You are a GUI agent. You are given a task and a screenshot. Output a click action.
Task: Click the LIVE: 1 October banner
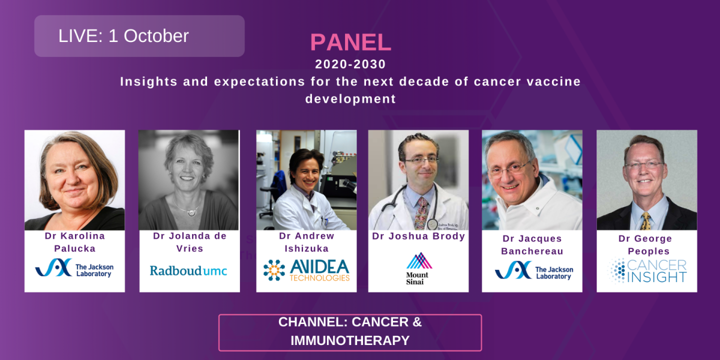point(139,36)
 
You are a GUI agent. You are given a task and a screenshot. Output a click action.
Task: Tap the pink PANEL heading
point(350,42)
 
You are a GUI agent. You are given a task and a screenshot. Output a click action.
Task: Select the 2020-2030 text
point(350,64)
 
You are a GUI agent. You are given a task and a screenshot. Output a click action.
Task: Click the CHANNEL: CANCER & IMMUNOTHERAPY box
point(350,332)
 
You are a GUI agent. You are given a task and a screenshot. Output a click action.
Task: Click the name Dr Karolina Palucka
point(74,242)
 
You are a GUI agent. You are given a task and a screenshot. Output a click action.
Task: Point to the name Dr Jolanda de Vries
point(189,242)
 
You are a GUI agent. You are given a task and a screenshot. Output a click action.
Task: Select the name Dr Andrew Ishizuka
point(306,242)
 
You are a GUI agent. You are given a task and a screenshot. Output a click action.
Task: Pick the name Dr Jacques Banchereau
point(532,245)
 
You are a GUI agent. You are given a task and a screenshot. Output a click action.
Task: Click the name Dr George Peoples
point(647,245)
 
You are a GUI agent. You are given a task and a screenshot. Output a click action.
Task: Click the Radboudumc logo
point(188,271)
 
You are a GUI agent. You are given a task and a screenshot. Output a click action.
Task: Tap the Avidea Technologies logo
point(306,270)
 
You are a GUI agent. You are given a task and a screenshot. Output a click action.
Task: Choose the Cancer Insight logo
point(647,271)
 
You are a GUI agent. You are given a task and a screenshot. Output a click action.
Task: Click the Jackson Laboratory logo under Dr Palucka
point(74,268)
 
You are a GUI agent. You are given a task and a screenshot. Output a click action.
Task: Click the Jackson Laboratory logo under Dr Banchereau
point(533,270)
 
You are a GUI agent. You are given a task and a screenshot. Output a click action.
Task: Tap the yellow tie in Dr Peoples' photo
point(645,220)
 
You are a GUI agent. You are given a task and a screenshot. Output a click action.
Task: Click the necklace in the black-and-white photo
point(190,211)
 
